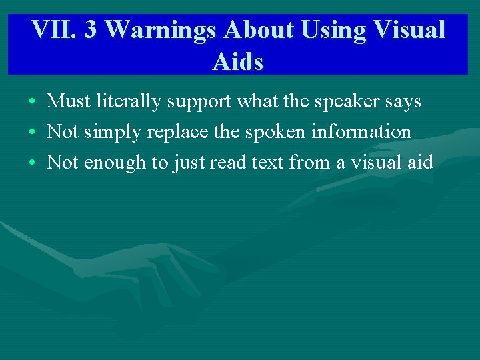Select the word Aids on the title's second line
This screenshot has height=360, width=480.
[238, 61]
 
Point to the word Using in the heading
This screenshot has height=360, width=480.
[331, 30]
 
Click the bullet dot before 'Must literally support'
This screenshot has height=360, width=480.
[32, 102]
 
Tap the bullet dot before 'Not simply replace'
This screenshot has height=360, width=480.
[32, 133]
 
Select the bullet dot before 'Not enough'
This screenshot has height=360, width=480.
[32, 163]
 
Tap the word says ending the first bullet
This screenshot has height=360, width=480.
[402, 102]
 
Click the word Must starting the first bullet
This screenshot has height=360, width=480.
[69, 101]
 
